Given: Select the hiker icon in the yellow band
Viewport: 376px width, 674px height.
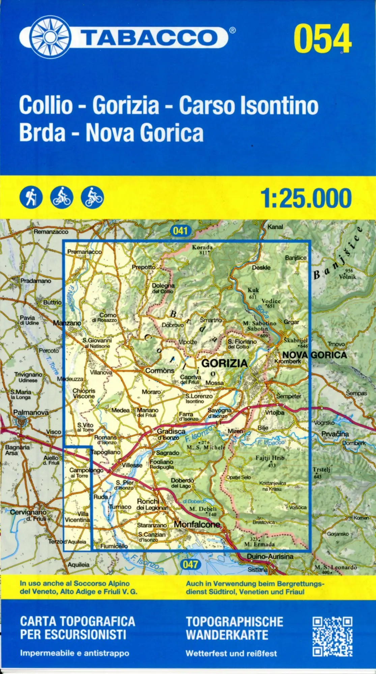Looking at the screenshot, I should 31,197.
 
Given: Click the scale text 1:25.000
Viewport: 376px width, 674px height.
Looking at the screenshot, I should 306,198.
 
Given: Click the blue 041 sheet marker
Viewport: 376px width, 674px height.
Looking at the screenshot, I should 180,231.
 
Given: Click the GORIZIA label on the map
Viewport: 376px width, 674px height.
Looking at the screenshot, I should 224,363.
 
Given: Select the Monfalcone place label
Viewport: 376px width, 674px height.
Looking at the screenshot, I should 197,524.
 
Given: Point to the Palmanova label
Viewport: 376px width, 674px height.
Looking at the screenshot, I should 31,412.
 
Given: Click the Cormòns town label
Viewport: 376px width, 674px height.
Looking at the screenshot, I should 160,371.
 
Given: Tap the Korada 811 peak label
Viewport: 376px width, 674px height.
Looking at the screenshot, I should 202,249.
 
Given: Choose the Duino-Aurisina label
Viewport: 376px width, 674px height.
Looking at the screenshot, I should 270,556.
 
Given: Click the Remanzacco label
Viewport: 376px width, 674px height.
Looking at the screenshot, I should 51,232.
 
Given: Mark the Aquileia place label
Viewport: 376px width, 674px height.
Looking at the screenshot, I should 79,564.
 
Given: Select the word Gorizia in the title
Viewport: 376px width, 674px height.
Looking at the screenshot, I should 125,105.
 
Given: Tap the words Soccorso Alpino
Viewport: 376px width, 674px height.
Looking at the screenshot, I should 102,583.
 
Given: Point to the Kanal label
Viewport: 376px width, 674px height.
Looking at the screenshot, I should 275,227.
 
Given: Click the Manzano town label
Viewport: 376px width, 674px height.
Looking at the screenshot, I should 67,323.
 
